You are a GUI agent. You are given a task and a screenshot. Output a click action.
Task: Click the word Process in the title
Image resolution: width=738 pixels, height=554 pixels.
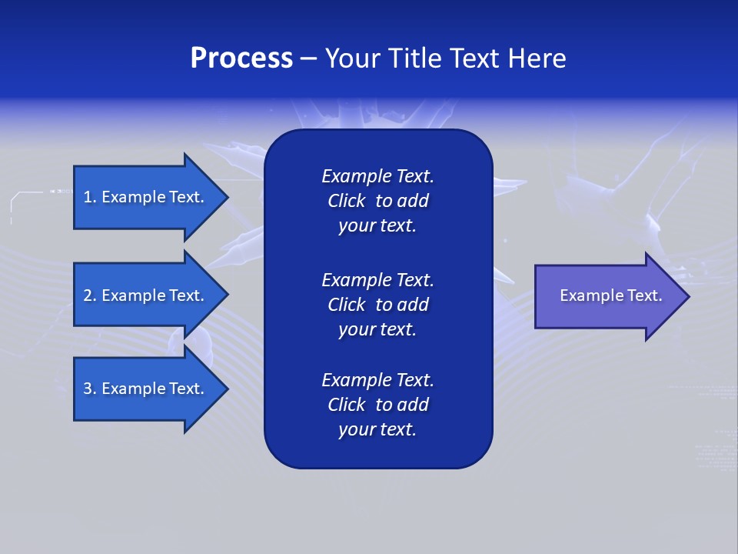click(241, 58)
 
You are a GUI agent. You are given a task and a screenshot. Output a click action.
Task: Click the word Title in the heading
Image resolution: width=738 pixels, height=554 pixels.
click(416, 58)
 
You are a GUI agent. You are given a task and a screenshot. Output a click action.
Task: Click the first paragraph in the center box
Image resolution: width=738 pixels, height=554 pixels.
click(377, 201)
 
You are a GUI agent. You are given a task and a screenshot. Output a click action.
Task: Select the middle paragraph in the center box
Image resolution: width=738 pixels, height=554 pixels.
click(377, 305)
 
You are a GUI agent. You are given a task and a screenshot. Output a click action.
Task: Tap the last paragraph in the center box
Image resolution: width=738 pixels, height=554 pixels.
click(377, 405)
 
